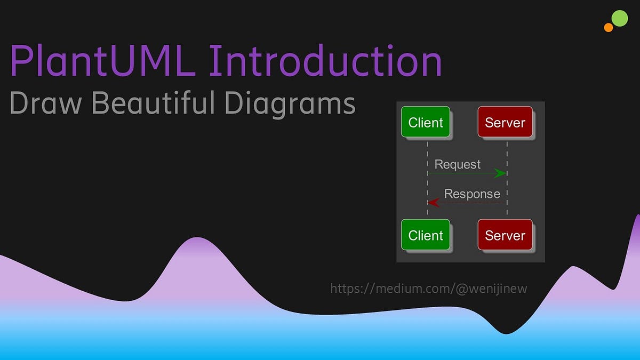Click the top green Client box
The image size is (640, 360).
426,123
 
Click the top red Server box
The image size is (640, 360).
505,123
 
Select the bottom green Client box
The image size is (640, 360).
426,235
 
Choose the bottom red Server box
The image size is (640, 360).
505,235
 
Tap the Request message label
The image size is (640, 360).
458,164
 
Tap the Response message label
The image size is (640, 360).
472,194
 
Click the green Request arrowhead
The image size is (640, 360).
500,173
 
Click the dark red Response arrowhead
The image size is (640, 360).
434,203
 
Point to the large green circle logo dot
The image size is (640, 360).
619,18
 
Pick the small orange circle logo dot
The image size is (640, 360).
609,27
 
